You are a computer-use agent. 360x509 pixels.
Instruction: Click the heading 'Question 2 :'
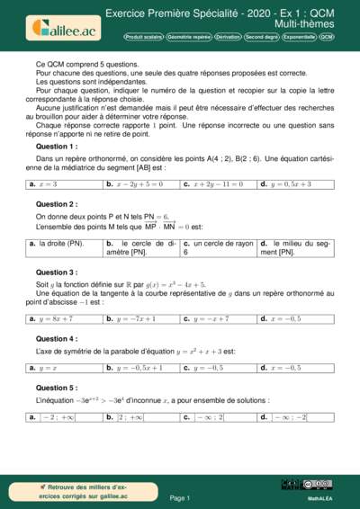pyautogui.click(x=56, y=204)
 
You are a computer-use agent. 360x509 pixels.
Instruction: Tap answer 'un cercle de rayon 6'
pyautogui.click(x=218, y=247)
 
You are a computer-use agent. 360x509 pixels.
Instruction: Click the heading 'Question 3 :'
pyautogui.click(x=56, y=272)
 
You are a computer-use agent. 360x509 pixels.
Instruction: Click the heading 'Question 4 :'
pyautogui.click(x=56, y=338)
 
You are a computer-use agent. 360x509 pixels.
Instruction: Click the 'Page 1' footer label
pyautogui.click(x=180, y=497)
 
